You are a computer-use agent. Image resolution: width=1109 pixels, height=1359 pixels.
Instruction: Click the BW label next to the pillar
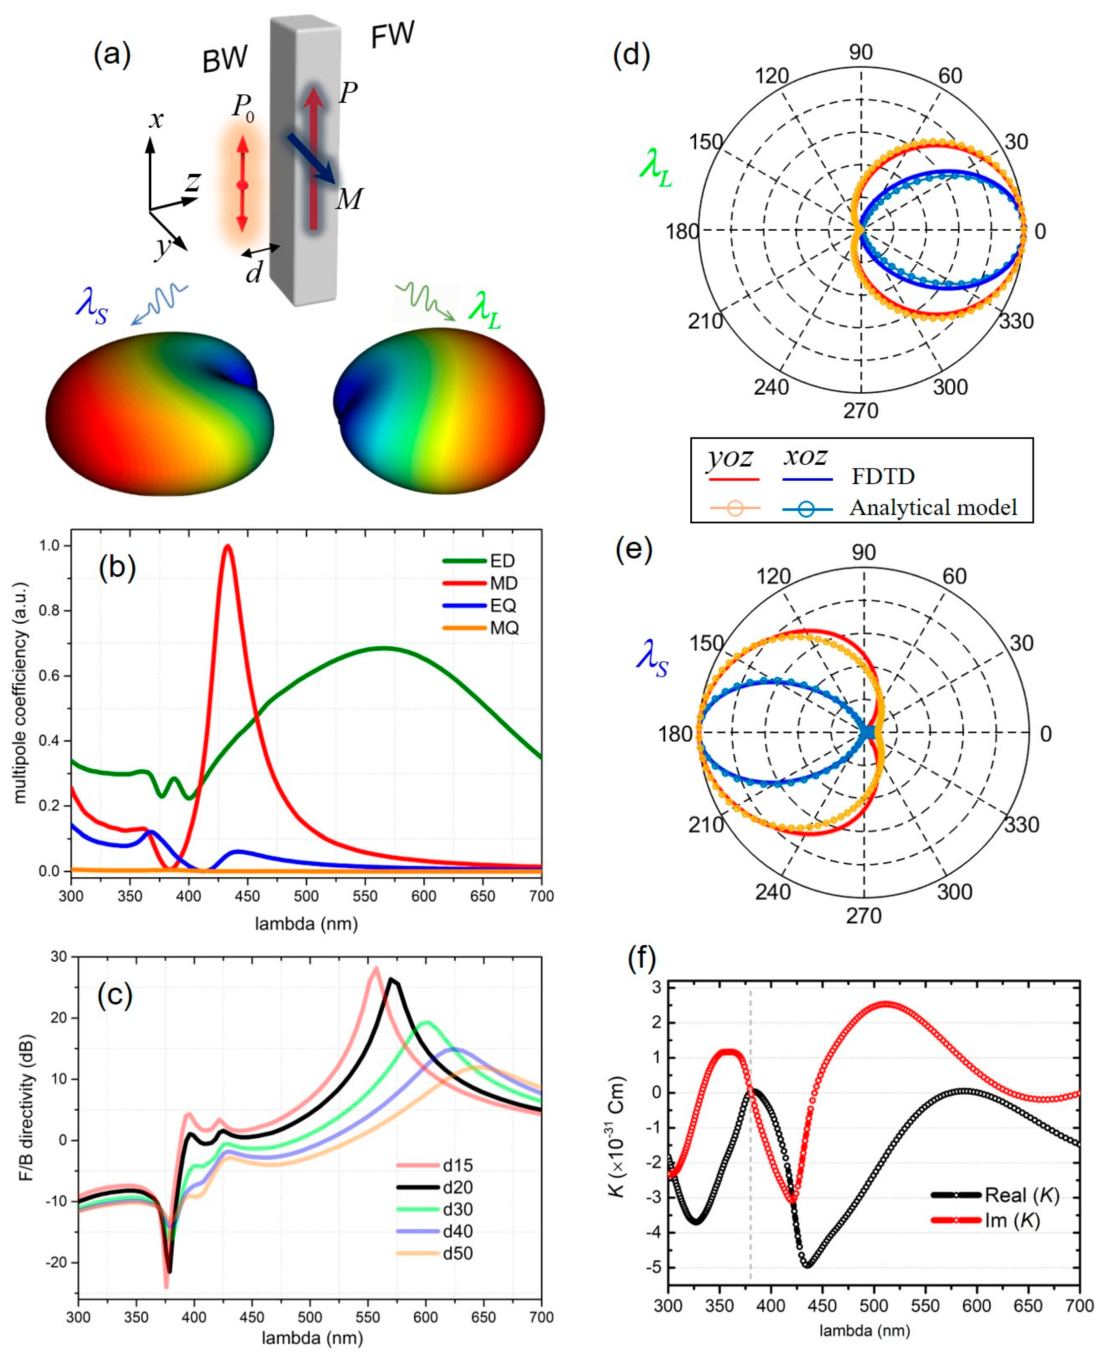click(225, 60)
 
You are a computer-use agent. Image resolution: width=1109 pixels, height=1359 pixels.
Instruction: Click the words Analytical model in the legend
click(933, 508)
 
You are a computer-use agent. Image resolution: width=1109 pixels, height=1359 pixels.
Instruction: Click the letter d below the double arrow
click(254, 273)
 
